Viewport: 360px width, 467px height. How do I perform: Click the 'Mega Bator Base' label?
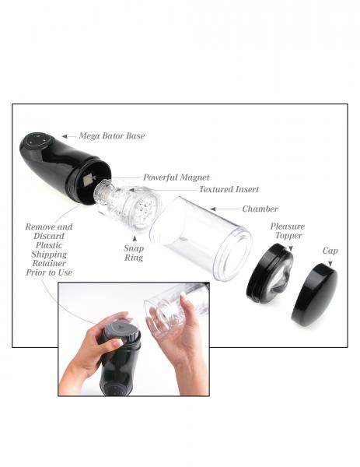point(111,135)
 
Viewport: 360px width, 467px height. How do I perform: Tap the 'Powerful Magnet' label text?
point(176,177)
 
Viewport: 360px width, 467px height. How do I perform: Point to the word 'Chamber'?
point(260,209)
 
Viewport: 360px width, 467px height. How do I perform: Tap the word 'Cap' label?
point(330,251)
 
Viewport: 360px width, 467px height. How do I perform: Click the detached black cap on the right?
point(314,294)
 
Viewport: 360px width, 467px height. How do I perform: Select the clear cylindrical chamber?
point(199,237)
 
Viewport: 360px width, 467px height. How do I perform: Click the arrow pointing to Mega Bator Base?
point(69,135)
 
